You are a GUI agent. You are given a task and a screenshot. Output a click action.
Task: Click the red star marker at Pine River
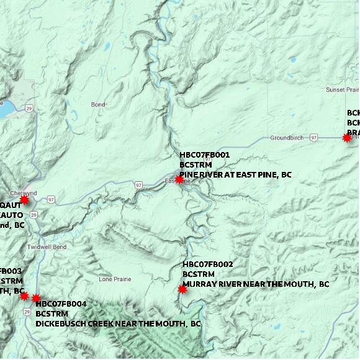point(179,179)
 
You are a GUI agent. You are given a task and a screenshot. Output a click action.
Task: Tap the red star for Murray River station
point(182,289)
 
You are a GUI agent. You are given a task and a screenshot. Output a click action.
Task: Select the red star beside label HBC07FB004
point(36,299)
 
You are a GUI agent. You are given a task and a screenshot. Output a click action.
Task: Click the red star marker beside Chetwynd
point(24,200)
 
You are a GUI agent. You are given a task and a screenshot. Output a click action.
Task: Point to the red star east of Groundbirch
point(347,138)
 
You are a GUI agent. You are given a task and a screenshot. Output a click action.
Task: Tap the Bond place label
point(98,104)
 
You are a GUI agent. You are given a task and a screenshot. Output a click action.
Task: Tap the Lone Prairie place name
point(115,279)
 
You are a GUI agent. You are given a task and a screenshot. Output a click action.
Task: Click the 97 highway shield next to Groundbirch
point(314,137)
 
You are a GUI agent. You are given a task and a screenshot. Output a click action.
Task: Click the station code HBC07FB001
point(205,155)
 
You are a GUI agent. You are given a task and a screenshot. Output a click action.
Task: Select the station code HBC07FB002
point(208,264)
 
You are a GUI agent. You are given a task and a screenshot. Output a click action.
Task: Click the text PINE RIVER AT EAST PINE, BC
point(235,175)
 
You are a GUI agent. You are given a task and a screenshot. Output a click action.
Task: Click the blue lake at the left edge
point(4,110)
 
